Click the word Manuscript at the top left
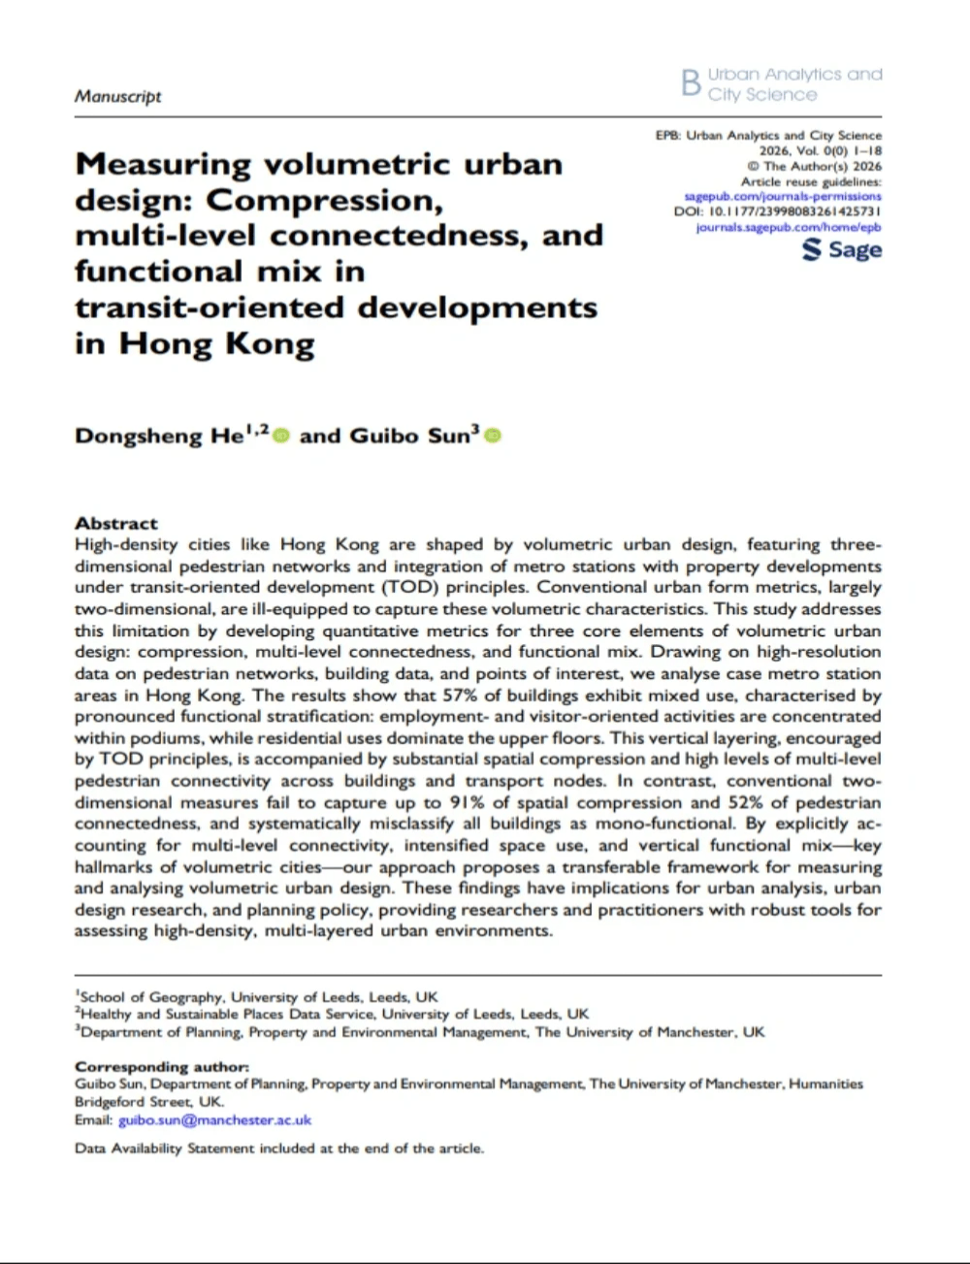tap(117, 97)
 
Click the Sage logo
tap(842, 250)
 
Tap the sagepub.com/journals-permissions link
tap(783, 196)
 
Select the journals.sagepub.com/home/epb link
tap(789, 227)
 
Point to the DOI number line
tap(777, 211)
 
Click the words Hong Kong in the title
tap(217, 343)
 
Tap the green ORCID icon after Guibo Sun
tap(492, 437)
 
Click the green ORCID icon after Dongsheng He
tap(281, 437)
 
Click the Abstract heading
tap(115, 523)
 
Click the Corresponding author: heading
tap(161, 1067)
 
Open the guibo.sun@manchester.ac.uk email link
tap(214, 1119)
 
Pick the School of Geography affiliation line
tap(258, 996)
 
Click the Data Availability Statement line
tap(278, 1149)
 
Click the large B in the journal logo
tap(691, 83)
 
